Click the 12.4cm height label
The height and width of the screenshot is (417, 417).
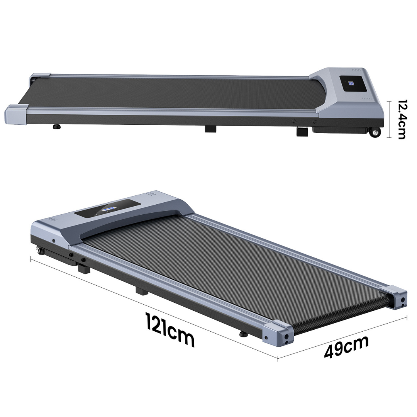(x=401, y=119)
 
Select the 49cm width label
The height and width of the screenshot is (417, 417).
(x=346, y=347)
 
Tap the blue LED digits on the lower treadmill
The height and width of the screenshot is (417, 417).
(x=109, y=209)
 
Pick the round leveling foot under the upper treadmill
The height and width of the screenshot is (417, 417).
(x=57, y=126)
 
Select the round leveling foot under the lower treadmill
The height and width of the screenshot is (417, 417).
(x=243, y=334)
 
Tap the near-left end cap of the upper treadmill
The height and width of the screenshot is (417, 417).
(x=16, y=114)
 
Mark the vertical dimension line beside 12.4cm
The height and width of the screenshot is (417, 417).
(x=389, y=119)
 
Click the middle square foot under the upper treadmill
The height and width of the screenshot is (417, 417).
(x=211, y=129)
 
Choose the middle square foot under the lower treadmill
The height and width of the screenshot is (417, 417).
(x=142, y=290)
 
